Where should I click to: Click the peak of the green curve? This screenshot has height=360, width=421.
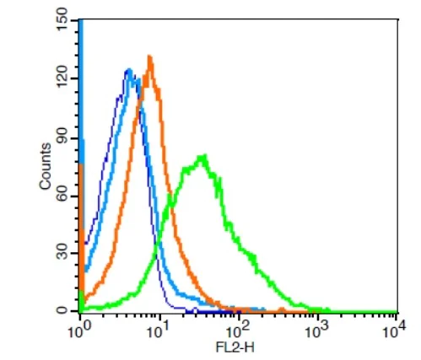202,155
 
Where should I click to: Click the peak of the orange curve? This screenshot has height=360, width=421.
149,57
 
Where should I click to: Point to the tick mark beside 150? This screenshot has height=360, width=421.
78,19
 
